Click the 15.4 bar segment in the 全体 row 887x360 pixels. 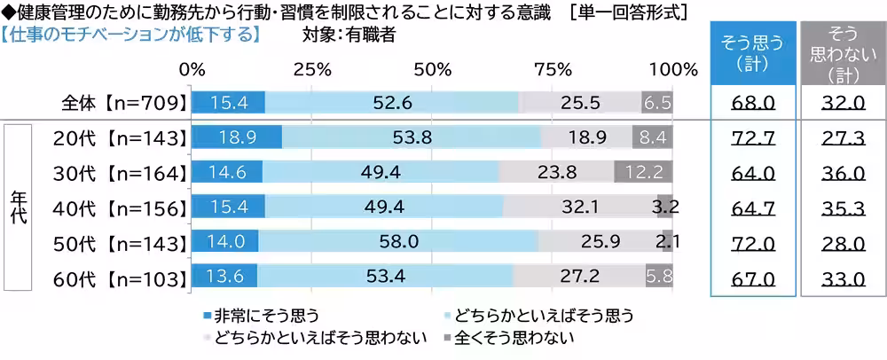[227, 103]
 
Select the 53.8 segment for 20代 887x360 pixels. [411, 137]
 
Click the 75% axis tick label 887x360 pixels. [553, 69]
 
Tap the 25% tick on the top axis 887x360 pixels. [312, 69]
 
